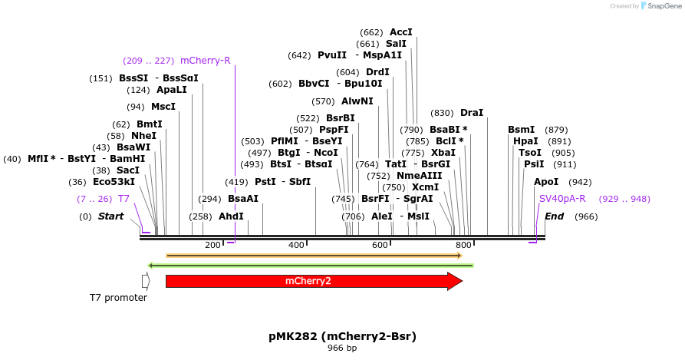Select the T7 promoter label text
coord(118,298)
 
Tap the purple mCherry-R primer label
coord(205,61)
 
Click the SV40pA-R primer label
coord(562,199)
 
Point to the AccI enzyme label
coord(400,32)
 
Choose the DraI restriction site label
coord(471,113)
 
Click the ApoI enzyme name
coord(546,182)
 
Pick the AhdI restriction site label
coord(231,216)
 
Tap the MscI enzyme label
coord(163,107)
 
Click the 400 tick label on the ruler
coord(296,245)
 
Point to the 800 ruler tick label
coord(463,245)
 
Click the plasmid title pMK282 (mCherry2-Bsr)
coord(342,336)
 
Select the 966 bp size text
coord(342,348)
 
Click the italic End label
coord(554,216)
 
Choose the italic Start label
coord(110,216)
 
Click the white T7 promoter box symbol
coord(146,281)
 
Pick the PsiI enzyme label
coord(534,164)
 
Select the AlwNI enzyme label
coord(357,101)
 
